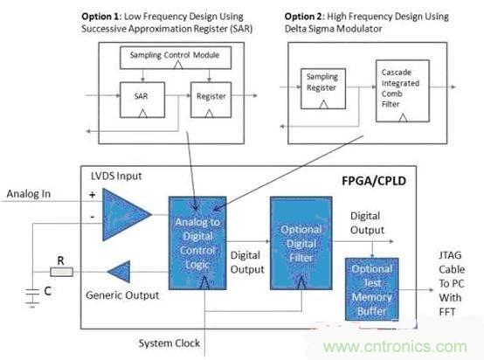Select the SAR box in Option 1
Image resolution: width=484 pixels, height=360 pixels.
(140, 93)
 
